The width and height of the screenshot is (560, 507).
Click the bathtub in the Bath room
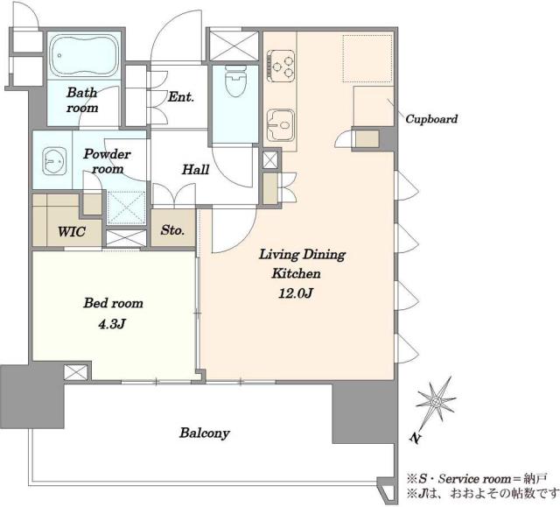click(x=85, y=55)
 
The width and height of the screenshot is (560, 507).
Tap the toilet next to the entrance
click(x=235, y=81)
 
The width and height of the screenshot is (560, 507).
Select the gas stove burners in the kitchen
click(x=281, y=67)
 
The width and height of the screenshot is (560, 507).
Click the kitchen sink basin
click(x=281, y=124)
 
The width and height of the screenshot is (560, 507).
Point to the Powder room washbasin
click(x=54, y=161)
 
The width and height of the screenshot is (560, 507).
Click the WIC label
click(x=72, y=231)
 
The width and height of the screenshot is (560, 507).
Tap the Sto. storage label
click(x=172, y=229)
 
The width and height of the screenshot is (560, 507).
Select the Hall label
click(x=195, y=169)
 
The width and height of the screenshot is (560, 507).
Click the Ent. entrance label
click(x=181, y=97)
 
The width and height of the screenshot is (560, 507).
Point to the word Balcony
click(x=205, y=433)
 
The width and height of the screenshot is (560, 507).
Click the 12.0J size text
click(x=296, y=293)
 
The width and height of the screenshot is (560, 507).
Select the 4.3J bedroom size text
click(x=112, y=324)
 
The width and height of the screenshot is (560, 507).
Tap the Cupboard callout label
click(x=431, y=119)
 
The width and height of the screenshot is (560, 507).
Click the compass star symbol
click(x=436, y=401)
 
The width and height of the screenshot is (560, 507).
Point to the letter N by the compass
click(x=414, y=438)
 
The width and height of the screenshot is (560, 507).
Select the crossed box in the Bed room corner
click(x=76, y=372)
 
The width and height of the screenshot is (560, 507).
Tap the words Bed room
click(x=113, y=303)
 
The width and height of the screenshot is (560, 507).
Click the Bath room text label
click(x=82, y=100)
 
